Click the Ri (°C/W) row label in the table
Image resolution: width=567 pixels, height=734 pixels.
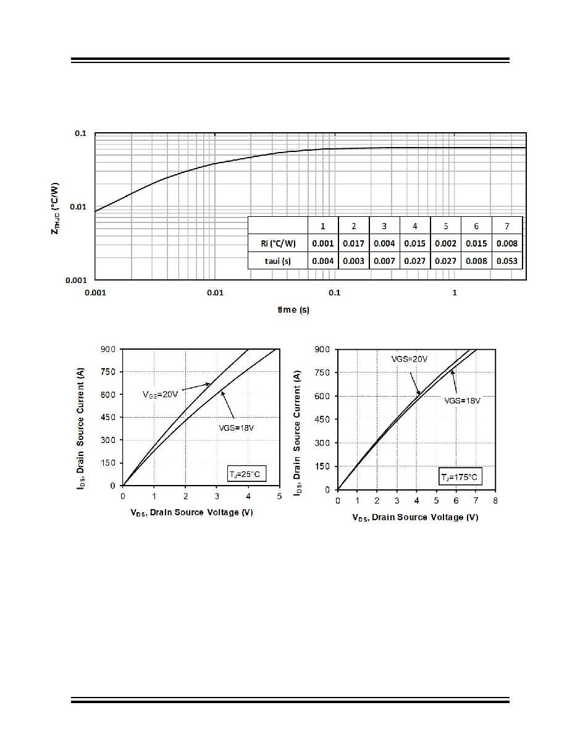point(279,243)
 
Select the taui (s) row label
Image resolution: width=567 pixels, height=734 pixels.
point(278,261)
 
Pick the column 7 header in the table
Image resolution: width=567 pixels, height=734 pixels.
point(506,226)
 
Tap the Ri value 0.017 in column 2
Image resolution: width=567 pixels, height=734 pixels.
point(353,243)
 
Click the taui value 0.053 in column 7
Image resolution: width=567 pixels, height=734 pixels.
point(506,261)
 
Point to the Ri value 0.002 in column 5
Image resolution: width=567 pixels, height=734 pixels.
point(445,243)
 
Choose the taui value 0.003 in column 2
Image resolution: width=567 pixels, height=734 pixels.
point(353,261)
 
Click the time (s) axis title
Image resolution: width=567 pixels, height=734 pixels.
point(293,310)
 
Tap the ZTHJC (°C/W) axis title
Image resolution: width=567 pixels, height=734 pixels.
point(55,208)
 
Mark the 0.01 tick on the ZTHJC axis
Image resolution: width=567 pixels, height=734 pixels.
point(78,206)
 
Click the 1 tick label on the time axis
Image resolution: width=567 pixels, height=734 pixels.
point(454,293)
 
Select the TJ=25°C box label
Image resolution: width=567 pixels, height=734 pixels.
point(244,475)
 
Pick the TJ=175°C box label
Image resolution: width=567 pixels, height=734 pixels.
point(460,477)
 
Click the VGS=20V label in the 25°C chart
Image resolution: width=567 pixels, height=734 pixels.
point(160,394)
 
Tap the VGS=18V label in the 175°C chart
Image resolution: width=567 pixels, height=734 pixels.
point(462,401)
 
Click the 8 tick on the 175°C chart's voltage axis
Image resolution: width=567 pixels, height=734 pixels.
point(495,500)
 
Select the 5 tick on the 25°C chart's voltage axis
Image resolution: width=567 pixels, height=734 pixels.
point(279,496)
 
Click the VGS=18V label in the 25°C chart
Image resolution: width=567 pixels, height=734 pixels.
point(236,428)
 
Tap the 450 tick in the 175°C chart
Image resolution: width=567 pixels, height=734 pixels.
point(322,420)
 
